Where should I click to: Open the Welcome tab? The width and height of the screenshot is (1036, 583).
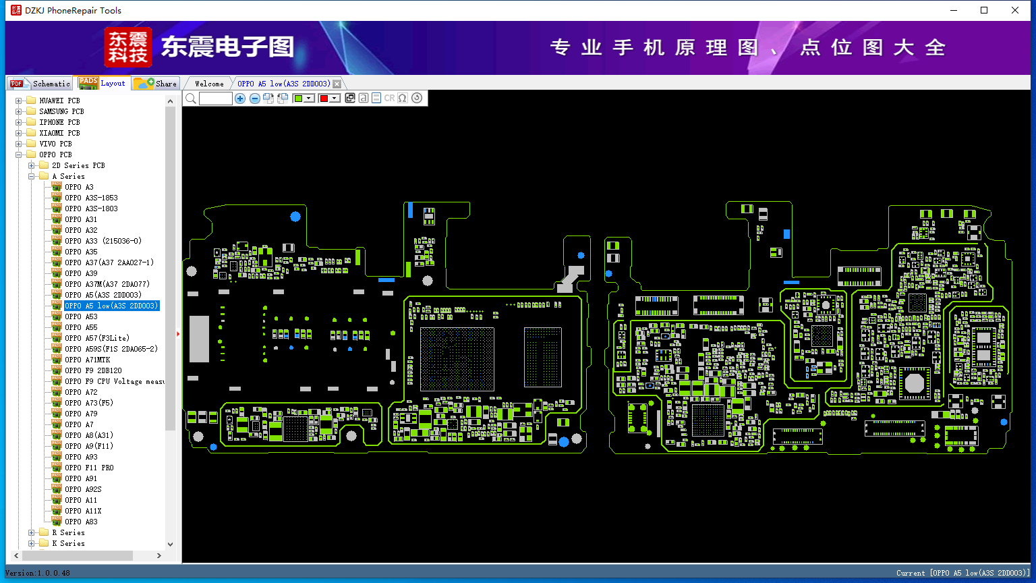pyautogui.click(x=209, y=84)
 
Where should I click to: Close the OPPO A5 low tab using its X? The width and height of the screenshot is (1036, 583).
pyautogui.click(x=337, y=84)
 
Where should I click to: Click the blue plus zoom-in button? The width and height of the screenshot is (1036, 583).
pyautogui.click(x=240, y=99)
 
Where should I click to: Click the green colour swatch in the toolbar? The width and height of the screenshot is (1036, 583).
pyautogui.click(x=298, y=99)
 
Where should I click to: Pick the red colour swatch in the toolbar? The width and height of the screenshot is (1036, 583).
pyautogui.click(x=324, y=99)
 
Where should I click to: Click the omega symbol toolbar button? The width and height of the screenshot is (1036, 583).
pyautogui.click(x=403, y=99)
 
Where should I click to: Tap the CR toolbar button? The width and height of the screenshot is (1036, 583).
pyautogui.click(x=389, y=99)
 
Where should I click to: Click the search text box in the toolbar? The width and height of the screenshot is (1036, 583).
pyautogui.click(x=216, y=99)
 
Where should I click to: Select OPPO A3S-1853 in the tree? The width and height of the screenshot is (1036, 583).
pyautogui.click(x=91, y=198)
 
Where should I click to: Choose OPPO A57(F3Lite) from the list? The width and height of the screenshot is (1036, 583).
pyautogui.click(x=96, y=338)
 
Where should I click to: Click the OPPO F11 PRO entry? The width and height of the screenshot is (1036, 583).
pyautogui.click(x=89, y=468)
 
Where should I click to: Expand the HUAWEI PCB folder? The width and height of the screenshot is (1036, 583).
pyautogui.click(x=19, y=101)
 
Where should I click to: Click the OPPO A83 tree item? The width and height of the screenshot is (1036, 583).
pyautogui.click(x=81, y=522)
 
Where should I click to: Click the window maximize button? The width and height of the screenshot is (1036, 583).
pyautogui.click(x=984, y=10)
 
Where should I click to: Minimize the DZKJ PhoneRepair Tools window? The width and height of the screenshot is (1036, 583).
pyautogui.click(x=954, y=10)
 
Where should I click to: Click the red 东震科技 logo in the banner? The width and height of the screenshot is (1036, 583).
pyautogui.click(x=127, y=47)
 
